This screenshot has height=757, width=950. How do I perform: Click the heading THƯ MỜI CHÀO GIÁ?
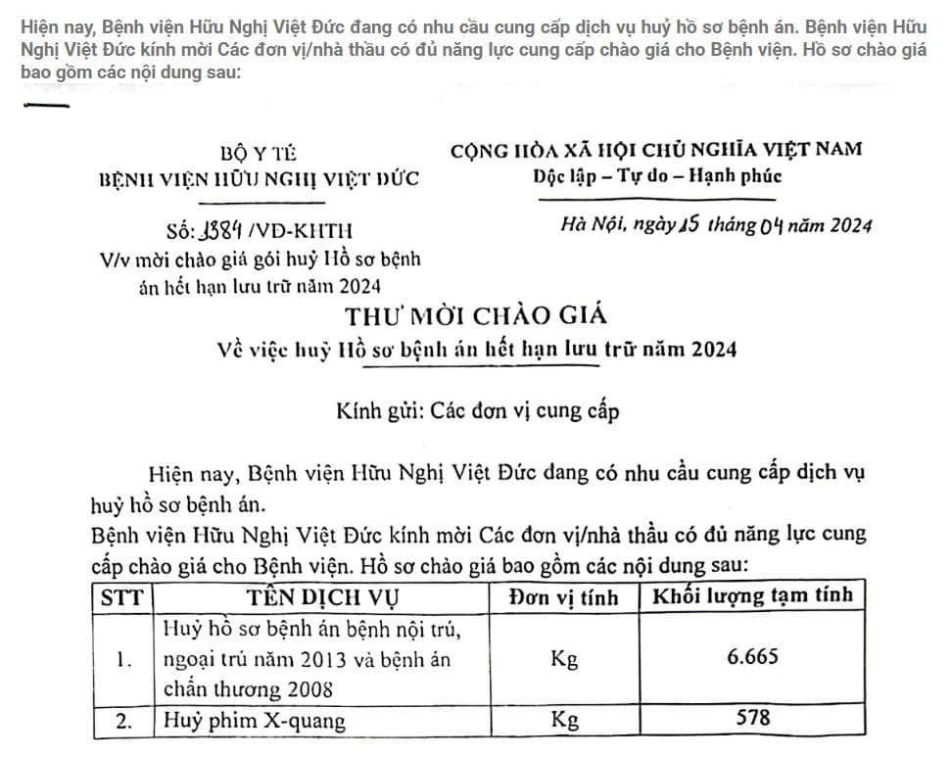[x=475, y=316]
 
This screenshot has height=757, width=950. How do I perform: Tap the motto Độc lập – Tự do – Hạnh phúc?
[x=657, y=177]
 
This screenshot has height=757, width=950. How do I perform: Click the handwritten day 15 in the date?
[x=686, y=225]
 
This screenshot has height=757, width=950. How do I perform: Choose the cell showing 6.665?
[x=752, y=657]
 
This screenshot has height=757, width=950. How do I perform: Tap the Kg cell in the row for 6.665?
[x=564, y=659]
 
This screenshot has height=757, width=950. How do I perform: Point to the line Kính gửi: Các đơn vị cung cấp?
[x=477, y=410]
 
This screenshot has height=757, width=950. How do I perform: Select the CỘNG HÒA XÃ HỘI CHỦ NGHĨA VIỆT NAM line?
[x=656, y=150]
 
